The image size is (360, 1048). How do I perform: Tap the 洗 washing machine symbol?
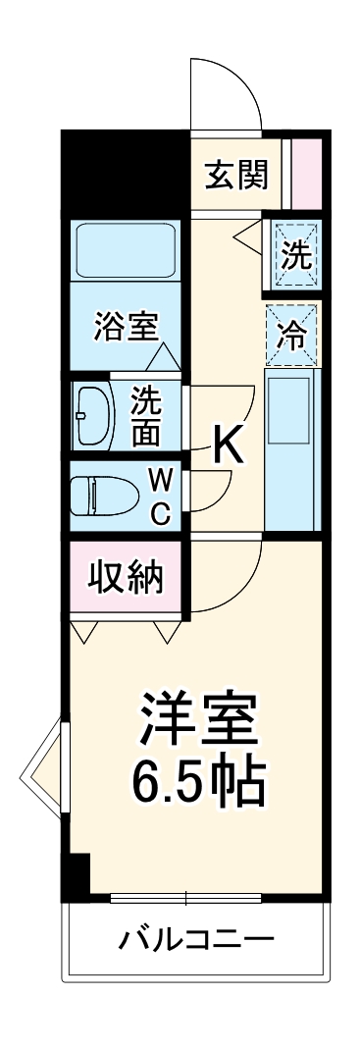pyautogui.click(x=296, y=256)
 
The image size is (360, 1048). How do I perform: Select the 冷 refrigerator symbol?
pyautogui.click(x=292, y=335)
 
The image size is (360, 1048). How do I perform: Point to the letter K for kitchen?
pyautogui.click(x=228, y=447)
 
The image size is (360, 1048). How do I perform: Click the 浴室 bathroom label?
pyautogui.click(x=127, y=327)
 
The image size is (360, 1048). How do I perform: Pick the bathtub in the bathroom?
pyautogui.click(x=126, y=252)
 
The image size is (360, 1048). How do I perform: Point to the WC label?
pyautogui.click(x=162, y=495)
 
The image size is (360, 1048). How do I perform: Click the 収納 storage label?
pyautogui.click(x=127, y=578)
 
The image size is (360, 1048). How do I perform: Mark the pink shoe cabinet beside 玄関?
pyautogui.click(x=307, y=174)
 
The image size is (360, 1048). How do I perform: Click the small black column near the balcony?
pyautogui.click(x=76, y=877)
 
